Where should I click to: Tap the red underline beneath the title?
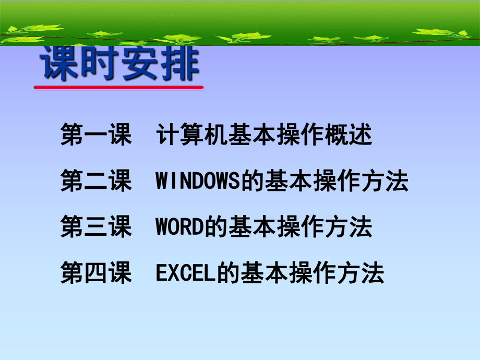pyautogui.click(x=119, y=88)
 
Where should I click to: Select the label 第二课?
pyautogui.click(x=97, y=182)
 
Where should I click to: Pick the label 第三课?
pyautogui.click(x=97, y=228)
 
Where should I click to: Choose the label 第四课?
pyautogui.click(x=97, y=273)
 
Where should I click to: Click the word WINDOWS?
pyautogui.click(x=197, y=182)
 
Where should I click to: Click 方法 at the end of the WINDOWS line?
pyautogui.click(x=390, y=182)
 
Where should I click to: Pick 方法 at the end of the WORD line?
pyautogui.click(x=354, y=228)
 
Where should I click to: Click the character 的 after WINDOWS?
pyautogui.click(x=246, y=182)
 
